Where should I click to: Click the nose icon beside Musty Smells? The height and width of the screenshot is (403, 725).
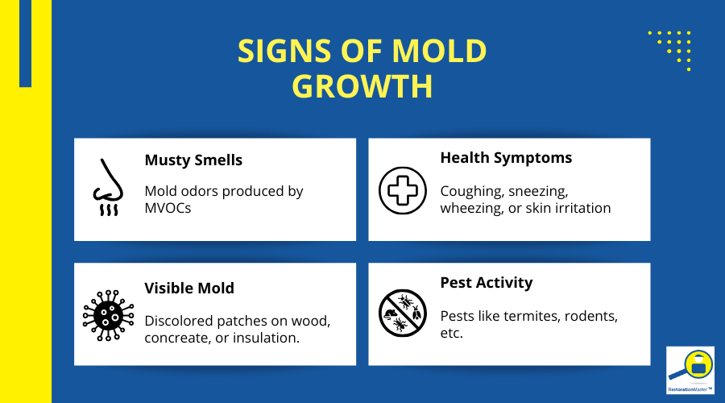(106, 189)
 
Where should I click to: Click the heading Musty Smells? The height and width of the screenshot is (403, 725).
(193, 160)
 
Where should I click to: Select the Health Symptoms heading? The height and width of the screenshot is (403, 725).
(506, 157)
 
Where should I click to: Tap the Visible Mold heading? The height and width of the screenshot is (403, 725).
(190, 288)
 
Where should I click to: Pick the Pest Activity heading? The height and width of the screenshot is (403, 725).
(486, 282)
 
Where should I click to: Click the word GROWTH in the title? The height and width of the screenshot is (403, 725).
(362, 86)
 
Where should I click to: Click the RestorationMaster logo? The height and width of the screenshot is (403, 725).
(690, 370)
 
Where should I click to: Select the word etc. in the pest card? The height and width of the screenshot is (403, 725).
(452, 333)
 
